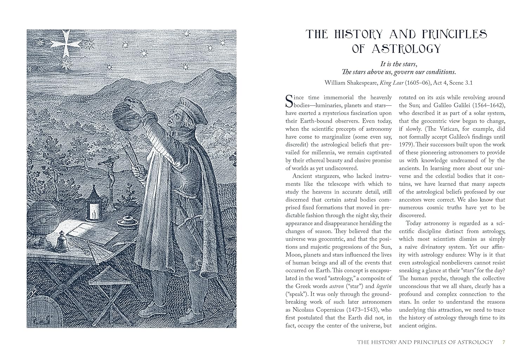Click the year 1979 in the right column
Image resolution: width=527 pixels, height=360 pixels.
tap(406, 144)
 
